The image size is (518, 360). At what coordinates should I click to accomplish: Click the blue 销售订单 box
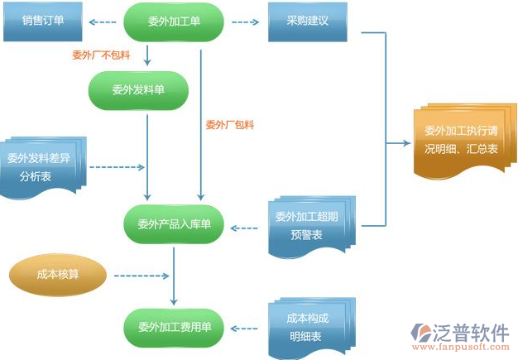click(44, 22)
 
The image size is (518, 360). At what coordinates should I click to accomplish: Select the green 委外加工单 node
click(173, 22)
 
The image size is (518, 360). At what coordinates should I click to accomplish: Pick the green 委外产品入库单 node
click(173, 223)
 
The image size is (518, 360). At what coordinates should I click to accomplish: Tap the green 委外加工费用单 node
click(173, 327)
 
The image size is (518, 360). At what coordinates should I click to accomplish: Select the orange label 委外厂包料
click(229, 125)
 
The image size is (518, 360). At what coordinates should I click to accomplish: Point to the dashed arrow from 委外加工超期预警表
click(248, 225)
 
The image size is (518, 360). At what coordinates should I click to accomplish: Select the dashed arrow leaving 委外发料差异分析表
click(116, 167)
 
